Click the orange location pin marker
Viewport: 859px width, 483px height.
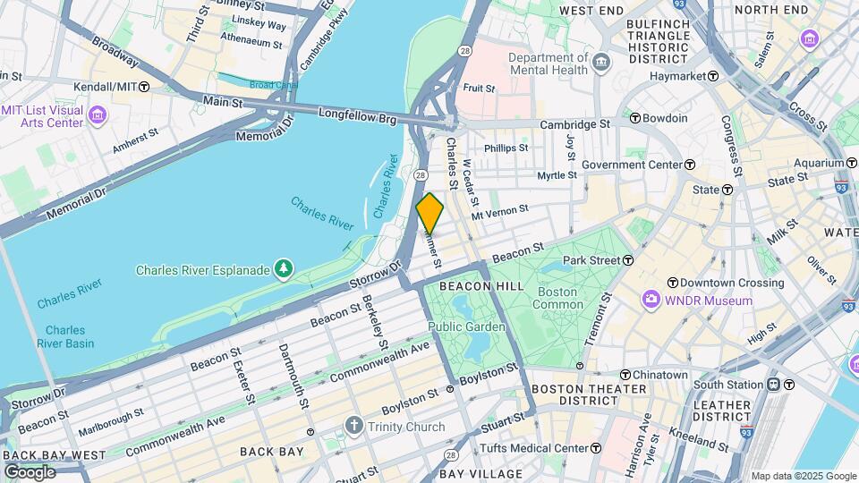(429, 213)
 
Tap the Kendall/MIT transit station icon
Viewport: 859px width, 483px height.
(144, 87)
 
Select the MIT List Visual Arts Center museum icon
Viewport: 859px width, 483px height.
(98, 116)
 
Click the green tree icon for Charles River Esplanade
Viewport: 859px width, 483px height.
(284, 268)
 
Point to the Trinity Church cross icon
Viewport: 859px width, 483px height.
(354, 426)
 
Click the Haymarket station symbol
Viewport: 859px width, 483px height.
(713, 76)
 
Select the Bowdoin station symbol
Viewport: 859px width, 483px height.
(635, 118)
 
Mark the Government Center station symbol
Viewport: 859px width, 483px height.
(690, 165)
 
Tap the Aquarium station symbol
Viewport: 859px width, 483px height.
(851, 163)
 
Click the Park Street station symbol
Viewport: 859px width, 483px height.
(628, 260)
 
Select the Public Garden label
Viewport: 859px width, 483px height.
(466, 326)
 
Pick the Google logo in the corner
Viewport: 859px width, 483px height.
(30, 471)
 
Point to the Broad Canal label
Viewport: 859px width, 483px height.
(274, 85)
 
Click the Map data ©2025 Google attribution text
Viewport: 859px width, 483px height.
(803, 476)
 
